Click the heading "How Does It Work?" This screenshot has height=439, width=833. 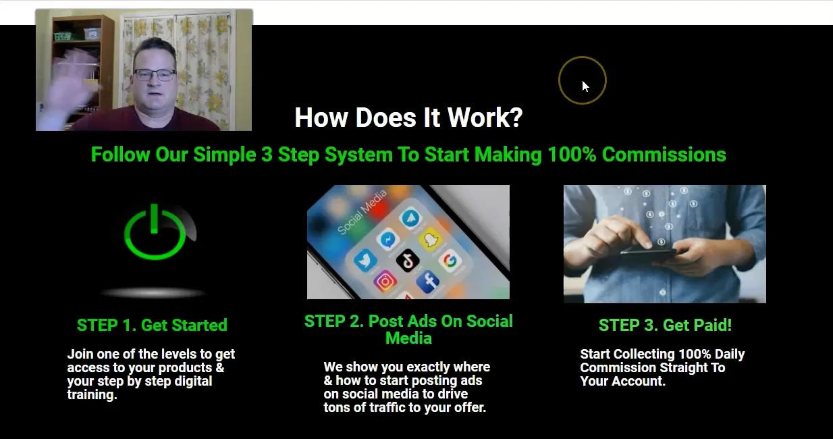(x=408, y=118)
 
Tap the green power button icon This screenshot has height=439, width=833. (x=155, y=233)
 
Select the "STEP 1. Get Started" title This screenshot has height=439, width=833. (x=152, y=325)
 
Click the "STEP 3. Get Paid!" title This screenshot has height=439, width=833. (x=665, y=325)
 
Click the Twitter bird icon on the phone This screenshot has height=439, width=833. (x=365, y=260)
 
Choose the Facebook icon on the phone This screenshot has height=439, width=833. (x=428, y=282)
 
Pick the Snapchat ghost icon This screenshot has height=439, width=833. (x=429, y=239)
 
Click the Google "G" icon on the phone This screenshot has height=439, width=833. (x=450, y=260)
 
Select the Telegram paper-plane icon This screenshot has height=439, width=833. (x=409, y=218)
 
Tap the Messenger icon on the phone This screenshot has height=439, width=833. (x=387, y=238)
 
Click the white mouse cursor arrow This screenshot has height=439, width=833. (x=585, y=86)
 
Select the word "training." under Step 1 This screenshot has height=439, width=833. (x=92, y=395)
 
